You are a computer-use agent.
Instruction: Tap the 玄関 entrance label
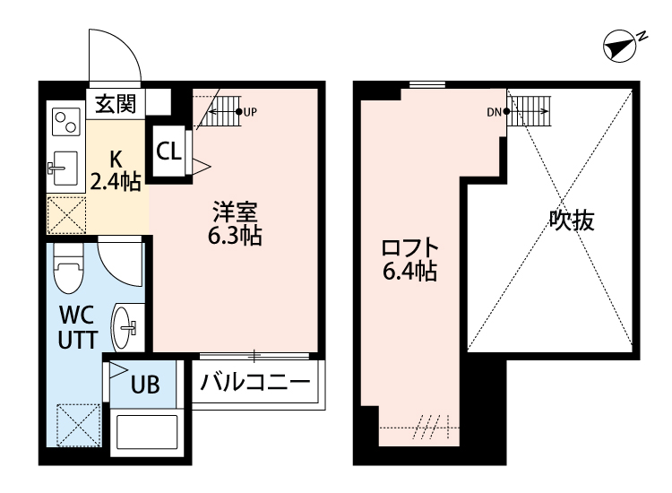[x=116, y=103]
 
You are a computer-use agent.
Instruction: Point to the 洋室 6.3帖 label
[x=235, y=225]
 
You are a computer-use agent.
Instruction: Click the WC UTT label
[x=77, y=328]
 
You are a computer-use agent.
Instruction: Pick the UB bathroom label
[x=145, y=385]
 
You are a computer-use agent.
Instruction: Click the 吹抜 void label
[x=571, y=220]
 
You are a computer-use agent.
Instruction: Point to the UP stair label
[x=249, y=112]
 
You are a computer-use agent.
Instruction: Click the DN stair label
[x=494, y=112]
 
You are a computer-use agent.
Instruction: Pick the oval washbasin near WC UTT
[x=125, y=328]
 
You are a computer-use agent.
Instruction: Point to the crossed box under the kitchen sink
[x=65, y=216]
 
